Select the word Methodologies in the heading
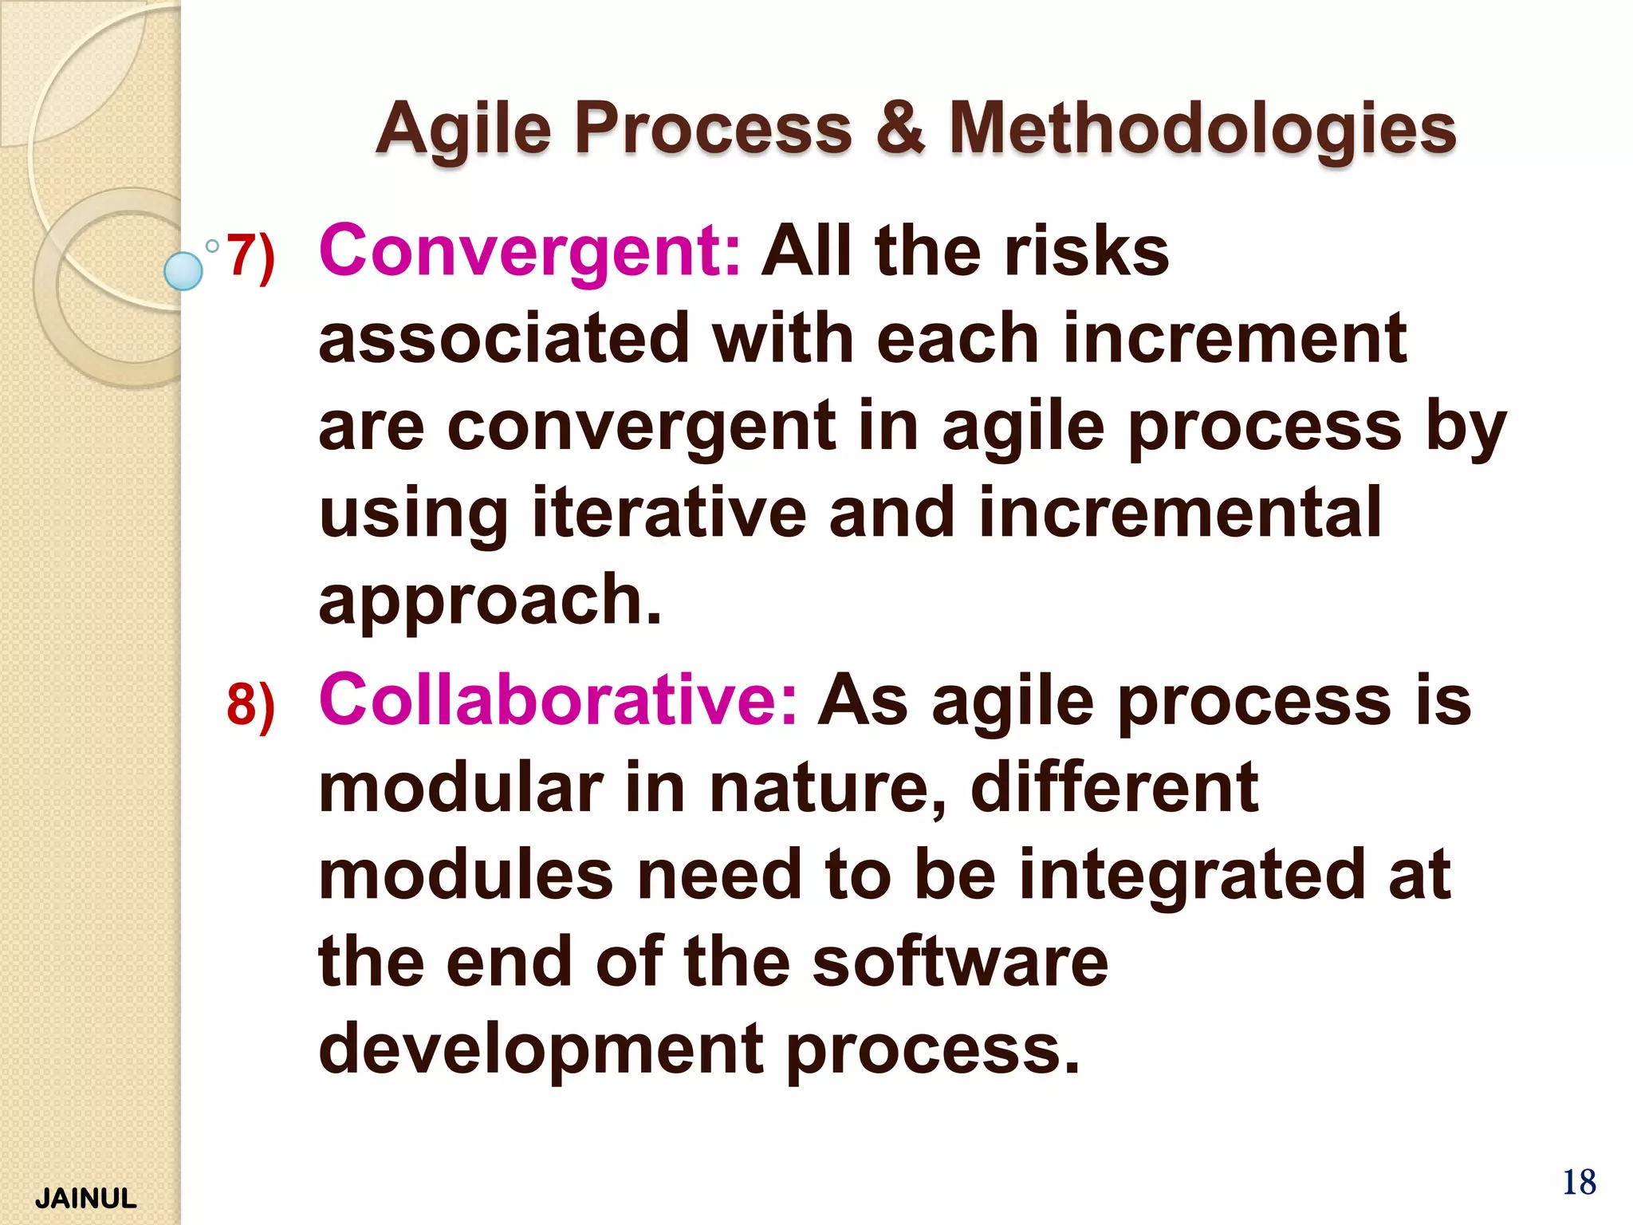click(1202, 130)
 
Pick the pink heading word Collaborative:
click(557, 700)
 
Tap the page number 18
click(1579, 1183)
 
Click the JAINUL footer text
click(86, 1199)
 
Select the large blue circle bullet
click(183, 271)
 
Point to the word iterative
click(669, 513)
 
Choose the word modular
click(461, 788)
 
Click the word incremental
click(1179, 513)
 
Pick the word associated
click(503, 339)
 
